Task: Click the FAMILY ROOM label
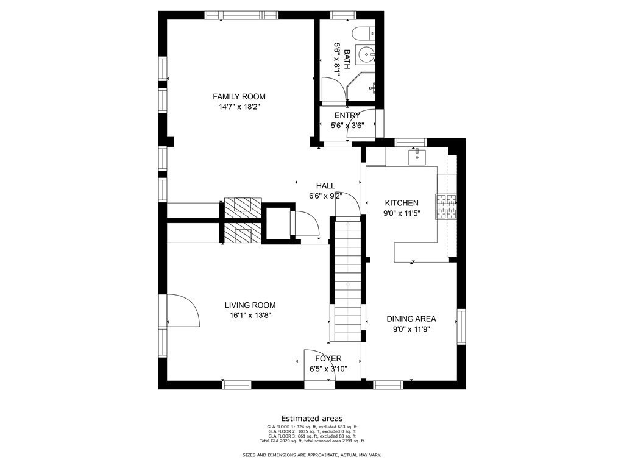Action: pos(239,96)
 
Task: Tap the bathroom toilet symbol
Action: pos(367,34)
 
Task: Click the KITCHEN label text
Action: pos(401,203)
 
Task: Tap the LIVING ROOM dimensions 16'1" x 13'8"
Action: pos(250,316)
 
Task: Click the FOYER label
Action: pos(328,358)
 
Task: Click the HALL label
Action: pos(325,185)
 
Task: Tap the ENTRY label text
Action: pos(347,115)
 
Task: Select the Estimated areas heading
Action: pos(311,419)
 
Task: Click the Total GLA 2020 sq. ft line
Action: pos(311,441)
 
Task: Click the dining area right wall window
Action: pos(461,327)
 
